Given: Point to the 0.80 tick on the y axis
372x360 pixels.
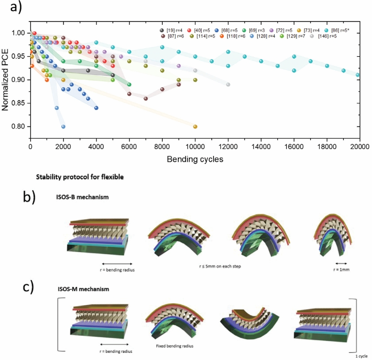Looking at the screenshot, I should (x=22, y=126).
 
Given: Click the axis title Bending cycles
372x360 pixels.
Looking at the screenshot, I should (x=195, y=157).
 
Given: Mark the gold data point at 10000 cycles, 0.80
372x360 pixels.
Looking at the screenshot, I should (x=195, y=126).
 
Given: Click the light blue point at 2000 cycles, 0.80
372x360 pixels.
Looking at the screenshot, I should (x=63, y=126).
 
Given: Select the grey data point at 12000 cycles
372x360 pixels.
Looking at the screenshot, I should (x=228, y=84).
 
